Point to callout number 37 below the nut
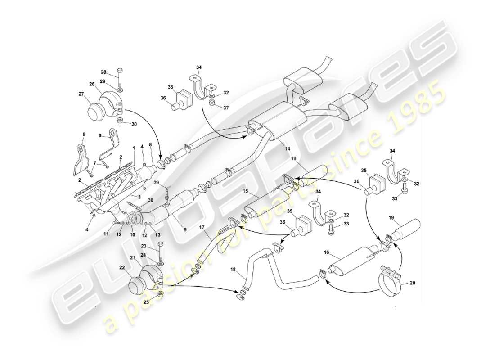click(226, 108)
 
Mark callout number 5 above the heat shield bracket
click(84, 135)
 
